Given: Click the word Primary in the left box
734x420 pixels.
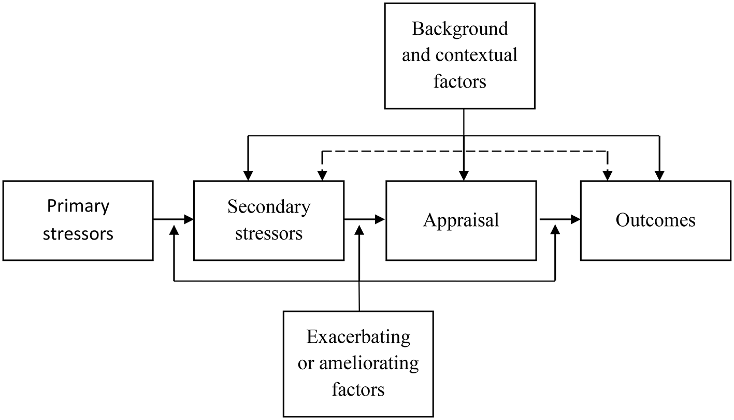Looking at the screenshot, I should click(78, 206).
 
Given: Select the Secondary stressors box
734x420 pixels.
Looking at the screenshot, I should click(268, 220).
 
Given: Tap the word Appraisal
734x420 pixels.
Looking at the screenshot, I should click(461, 220).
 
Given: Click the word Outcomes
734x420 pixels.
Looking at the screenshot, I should click(655, 220).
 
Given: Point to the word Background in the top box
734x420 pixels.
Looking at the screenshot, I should click(459, 29).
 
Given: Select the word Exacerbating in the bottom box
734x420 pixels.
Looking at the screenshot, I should click(358, 337).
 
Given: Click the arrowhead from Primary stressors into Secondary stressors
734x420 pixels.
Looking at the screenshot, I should click(189, 220).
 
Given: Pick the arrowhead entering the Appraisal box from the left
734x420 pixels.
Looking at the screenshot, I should click(381, 220).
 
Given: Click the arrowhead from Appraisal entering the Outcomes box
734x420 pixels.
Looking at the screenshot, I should click(575, 220).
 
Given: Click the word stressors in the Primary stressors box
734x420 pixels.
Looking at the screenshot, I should click(78, 233).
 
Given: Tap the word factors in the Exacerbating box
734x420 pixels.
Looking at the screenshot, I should click(358, 389).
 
